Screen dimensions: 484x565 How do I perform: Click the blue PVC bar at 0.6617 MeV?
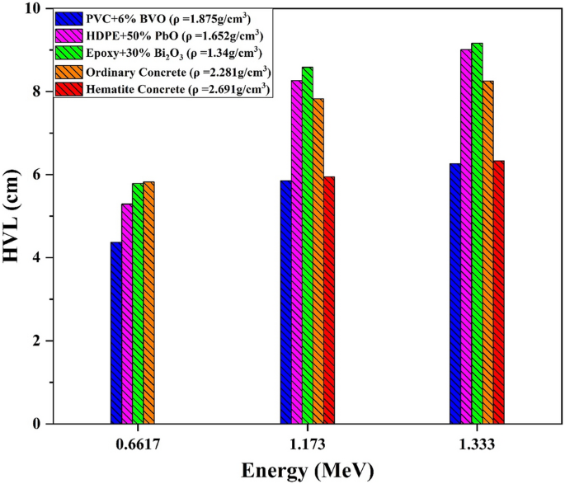[x=116, y=333]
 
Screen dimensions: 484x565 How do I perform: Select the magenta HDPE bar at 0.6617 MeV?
[x=127, y=314]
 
